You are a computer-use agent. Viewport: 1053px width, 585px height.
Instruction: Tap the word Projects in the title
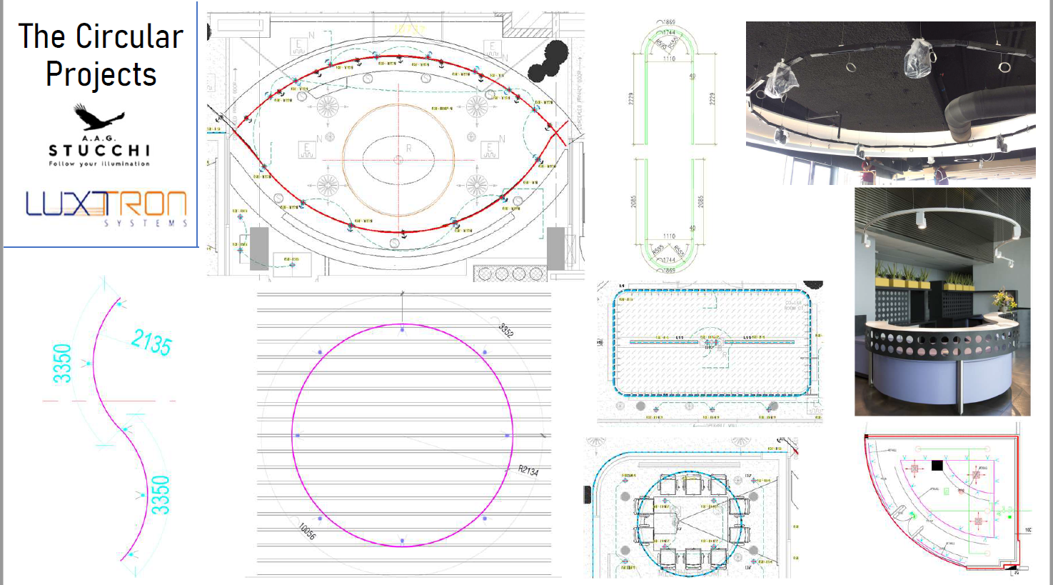click(101, 74)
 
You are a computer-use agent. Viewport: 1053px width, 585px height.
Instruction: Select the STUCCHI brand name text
click(99, 151)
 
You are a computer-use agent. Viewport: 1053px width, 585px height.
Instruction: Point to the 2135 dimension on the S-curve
click(151, 343)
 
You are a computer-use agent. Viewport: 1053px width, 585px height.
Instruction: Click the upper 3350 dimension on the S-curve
click(63, 363)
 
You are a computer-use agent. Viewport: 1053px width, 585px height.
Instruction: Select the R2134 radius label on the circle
click(528, 470)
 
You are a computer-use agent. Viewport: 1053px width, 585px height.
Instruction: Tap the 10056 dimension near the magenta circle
click(307, 531)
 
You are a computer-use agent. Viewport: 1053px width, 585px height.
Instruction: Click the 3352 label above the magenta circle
click(505, 330)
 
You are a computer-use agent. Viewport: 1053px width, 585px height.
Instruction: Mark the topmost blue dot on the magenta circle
click(403, 329)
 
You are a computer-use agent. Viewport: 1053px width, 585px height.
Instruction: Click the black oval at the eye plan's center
click(398, 159)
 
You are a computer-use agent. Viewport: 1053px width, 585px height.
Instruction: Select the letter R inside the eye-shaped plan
click(409, 149)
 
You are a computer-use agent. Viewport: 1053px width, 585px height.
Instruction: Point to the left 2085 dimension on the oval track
click(633, 202)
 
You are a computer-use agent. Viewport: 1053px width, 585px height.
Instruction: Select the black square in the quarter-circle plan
click(937, 466)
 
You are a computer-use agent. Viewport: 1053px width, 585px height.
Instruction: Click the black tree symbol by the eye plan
click(548, 61)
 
